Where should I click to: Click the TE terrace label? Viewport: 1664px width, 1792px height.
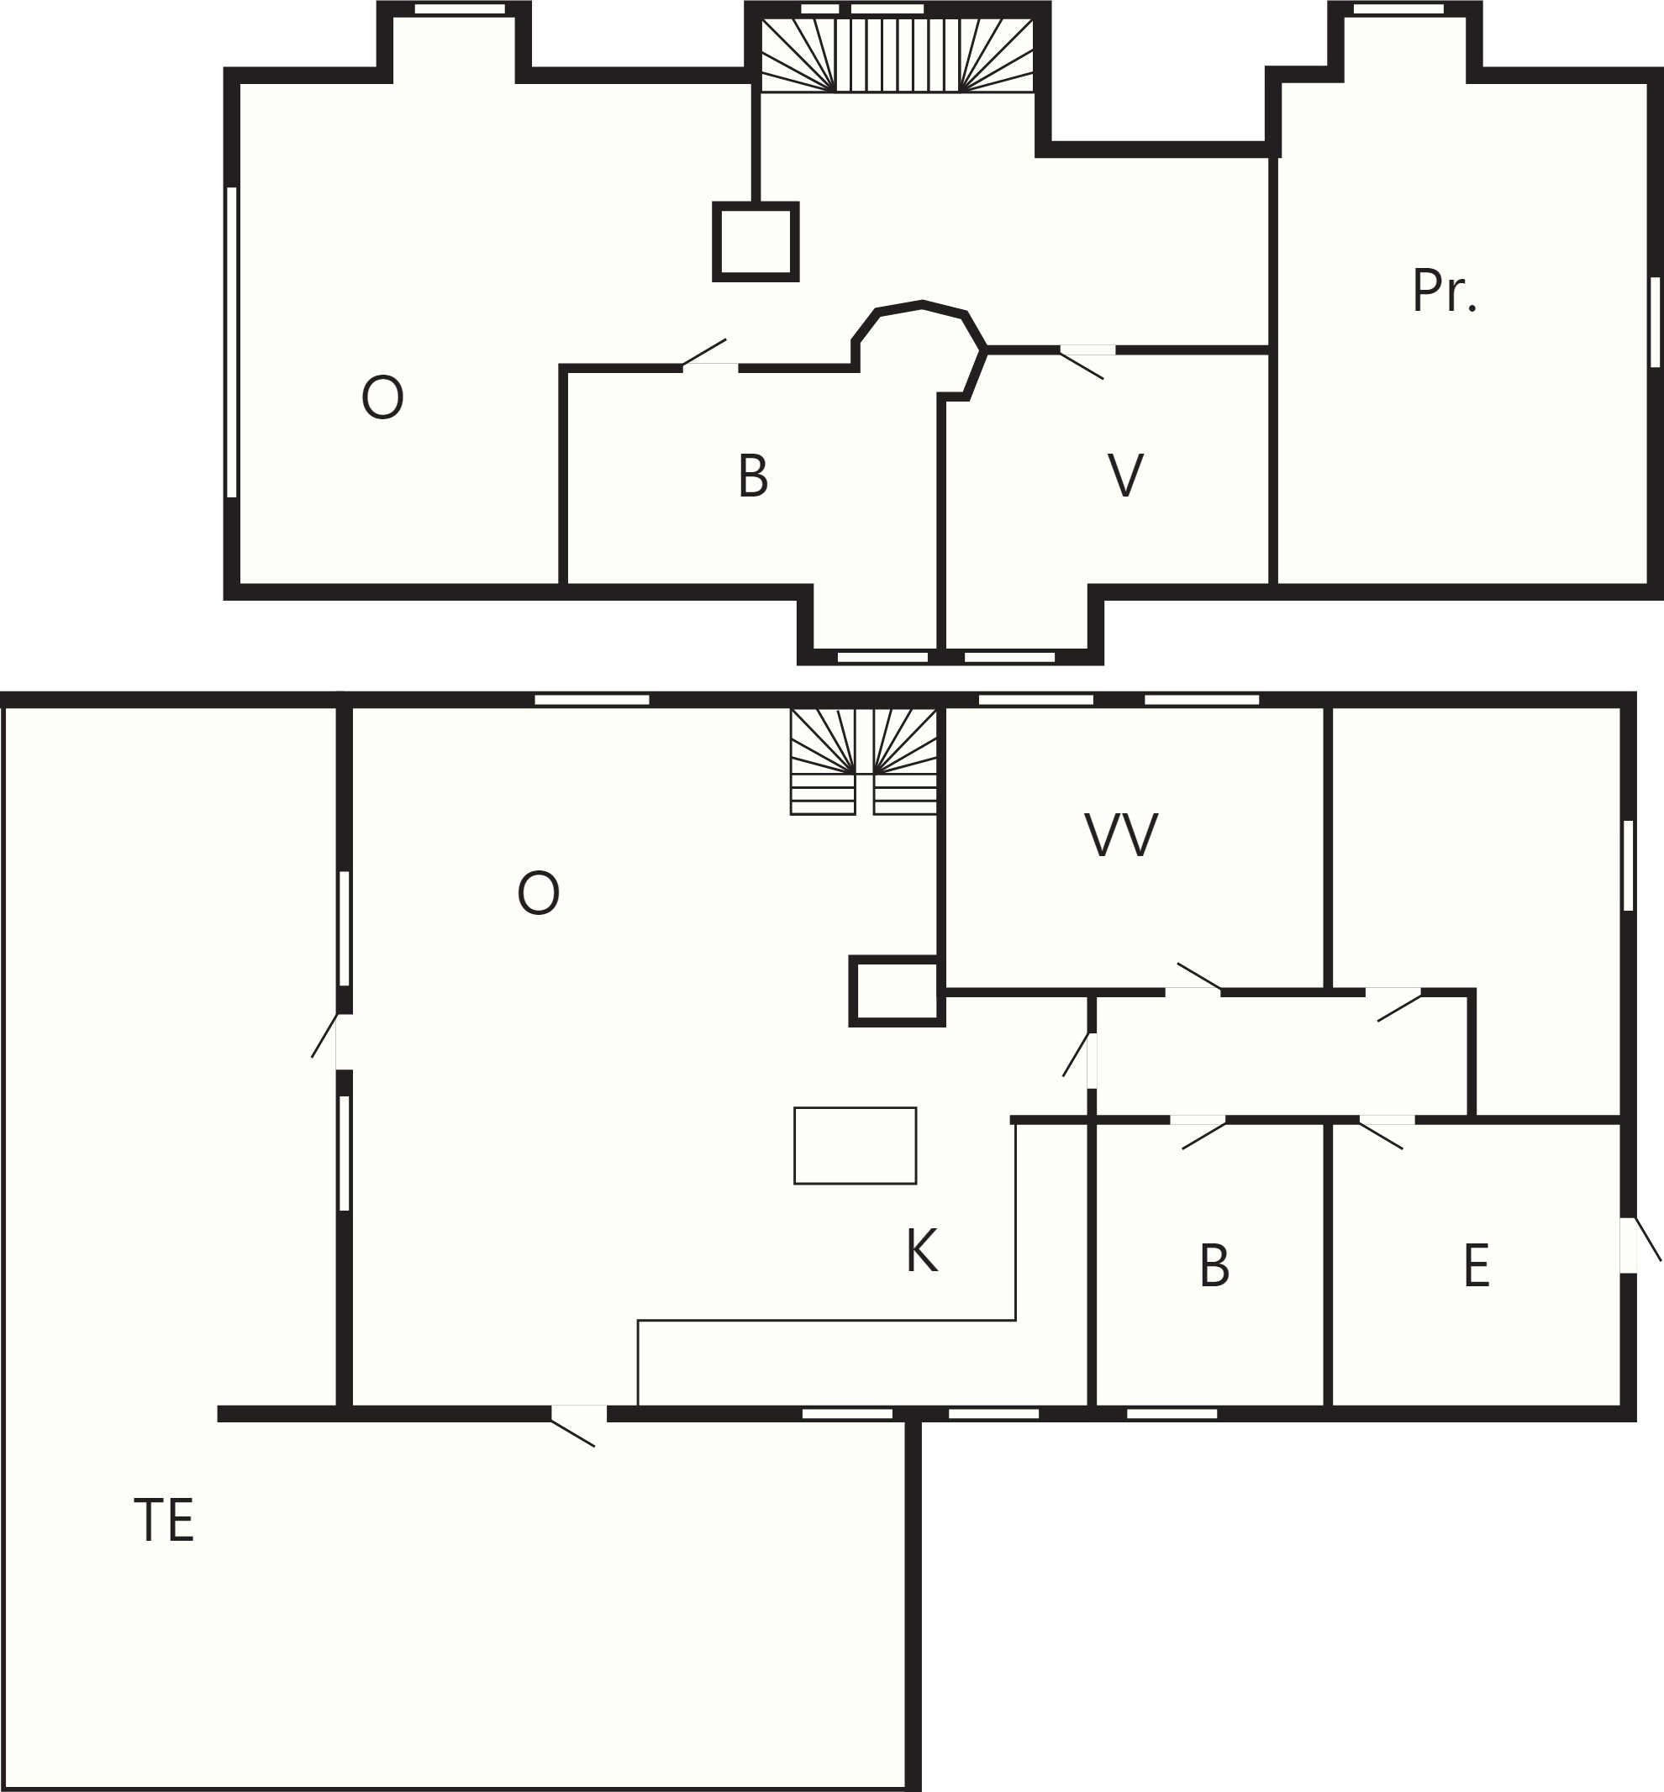coord(164,1520)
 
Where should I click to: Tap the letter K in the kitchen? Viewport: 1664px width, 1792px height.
coord(922,1250)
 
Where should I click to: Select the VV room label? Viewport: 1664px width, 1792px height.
coord(1121,834)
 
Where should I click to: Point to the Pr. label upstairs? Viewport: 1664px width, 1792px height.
coord(1445,290)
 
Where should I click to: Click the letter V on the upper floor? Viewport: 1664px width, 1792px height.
coord(1125,475)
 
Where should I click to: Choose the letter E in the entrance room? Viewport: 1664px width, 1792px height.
coord(1477,1265)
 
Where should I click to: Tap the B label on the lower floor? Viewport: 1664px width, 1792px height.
coord(1214,1265)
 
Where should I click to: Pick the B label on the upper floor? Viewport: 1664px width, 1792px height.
coord(753,476)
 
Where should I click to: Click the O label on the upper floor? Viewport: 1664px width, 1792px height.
coord(382,397)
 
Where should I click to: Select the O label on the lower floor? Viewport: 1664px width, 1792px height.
coord(539,893)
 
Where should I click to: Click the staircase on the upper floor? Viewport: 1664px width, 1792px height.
coord(897,55)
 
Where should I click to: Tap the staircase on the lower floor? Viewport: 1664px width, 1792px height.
coord(864,762)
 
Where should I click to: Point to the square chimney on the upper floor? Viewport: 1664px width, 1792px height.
coord(756,242)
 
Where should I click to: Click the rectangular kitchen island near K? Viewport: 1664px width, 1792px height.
coord(856,1146)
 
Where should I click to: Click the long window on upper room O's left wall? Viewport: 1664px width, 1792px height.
coord(231,342)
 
